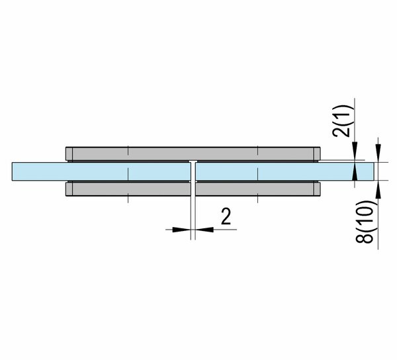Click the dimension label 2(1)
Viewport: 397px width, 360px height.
[341, 121]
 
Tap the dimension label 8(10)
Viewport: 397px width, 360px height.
[365, 222]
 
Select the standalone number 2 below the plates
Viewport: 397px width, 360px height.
[226, 216]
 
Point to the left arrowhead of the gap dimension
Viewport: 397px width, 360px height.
[181, 230]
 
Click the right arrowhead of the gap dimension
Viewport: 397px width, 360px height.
[204, 230]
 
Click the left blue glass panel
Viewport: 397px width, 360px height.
[101, 171]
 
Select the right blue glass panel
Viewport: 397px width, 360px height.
[285, 171]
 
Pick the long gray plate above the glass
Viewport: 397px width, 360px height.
[193, 154]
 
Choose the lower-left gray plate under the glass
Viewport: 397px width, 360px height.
[128, 189]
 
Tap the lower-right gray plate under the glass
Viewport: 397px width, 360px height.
[258, 189]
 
